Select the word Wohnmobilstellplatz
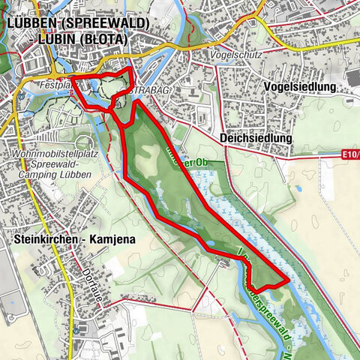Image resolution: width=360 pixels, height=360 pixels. point(49,154)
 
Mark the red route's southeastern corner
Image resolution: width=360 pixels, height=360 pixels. point(288,281)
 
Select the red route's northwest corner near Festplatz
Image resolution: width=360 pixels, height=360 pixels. point(73,77)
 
